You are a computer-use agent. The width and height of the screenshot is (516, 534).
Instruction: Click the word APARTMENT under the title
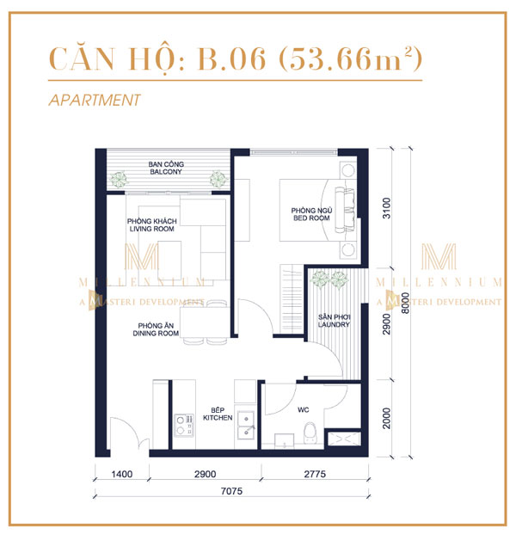tap(95, 100)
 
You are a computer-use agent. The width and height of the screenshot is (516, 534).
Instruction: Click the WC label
tap(302, 410)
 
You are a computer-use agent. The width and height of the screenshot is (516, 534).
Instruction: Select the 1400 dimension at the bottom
tap(120, 474)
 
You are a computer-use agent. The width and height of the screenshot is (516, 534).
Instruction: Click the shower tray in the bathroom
tap(346, 439)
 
